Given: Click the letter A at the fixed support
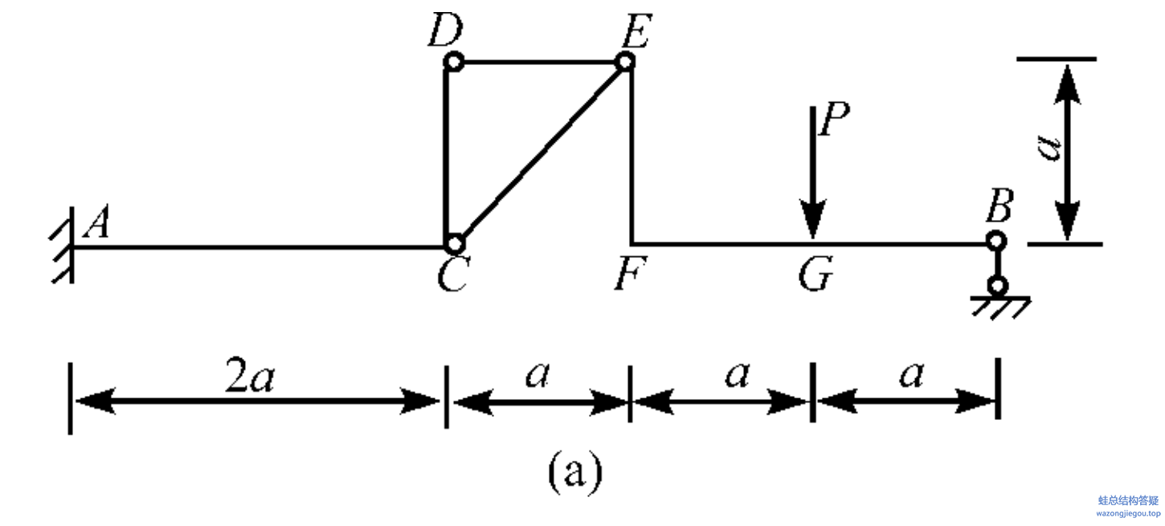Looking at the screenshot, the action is pyautogui.click(x=97, y=222).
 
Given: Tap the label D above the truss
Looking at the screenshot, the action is pyautogui.click(x=446, y=31).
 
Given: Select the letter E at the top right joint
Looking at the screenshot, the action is pyautogui.click(x=637, y=31).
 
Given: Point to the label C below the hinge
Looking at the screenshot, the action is pyautogui.click(x=453, y=274).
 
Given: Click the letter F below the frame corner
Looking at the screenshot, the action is pyautogui.click(x=631, y=273).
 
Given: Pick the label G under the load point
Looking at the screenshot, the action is pyautogui.click(x=815, y=273).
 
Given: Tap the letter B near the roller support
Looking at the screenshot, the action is pyautogui.click(x=999, y=206).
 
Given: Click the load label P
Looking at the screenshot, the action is pyautogui.click(x=834, y=119).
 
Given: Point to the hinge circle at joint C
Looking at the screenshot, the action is pyautogui.click(x=455, y=243).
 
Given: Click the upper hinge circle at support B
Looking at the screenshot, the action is pyautogui.click(x=996, y=241).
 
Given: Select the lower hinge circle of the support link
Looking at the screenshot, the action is pyautogui.click(x=998, y=286).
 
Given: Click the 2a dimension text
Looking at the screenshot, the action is pyautogui.click(x=250, y=376).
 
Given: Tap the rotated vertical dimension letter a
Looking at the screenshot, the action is pyautogui.click(x=1048, y=148).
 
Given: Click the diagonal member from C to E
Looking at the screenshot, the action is pyautogui.click(x=539, y=153).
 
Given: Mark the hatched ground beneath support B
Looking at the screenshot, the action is pyautogui.click(x=1000, y=308).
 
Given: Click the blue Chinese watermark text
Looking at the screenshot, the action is pyautogui.click(x=1128, y=500).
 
